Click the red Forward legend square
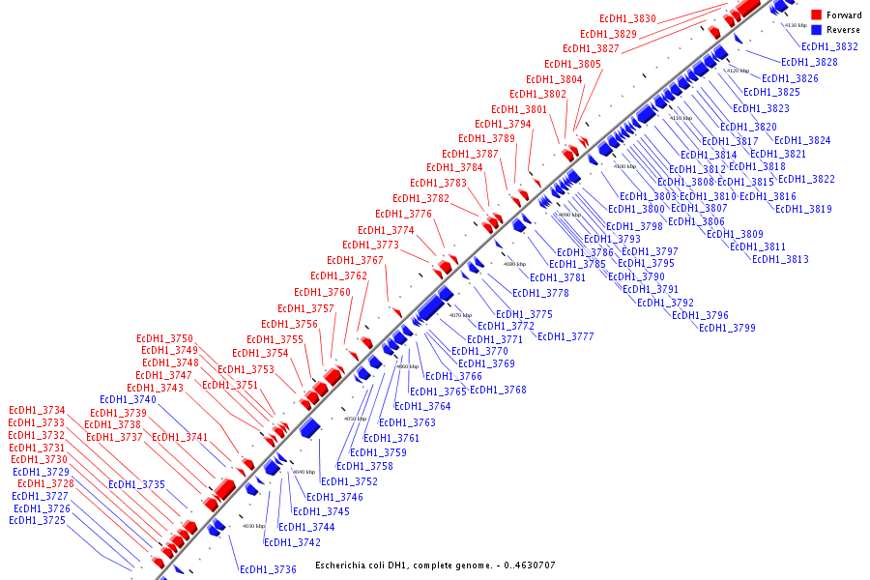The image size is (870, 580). [816, 15]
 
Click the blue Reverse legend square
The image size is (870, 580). [816, 30]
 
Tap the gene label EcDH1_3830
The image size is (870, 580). [627, 19]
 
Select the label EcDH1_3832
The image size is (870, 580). [829, 46]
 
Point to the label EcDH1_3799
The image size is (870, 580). [727, 329]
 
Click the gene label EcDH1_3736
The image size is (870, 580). [268, 570]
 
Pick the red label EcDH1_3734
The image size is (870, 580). [37, 411]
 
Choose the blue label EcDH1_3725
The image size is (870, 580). [37, 521]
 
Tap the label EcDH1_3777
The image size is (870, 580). [565, 337]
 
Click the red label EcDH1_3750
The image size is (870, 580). [167, 338]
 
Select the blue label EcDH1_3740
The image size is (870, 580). [128, 400]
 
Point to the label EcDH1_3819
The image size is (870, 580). [803, 210]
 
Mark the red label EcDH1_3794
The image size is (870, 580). [503, 125]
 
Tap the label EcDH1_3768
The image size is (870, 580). [498, 391]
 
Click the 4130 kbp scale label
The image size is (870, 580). [796, 25]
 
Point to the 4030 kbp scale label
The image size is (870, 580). [253, 527]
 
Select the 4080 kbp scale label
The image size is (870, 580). [513, 264]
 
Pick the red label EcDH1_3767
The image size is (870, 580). [355, 261]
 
